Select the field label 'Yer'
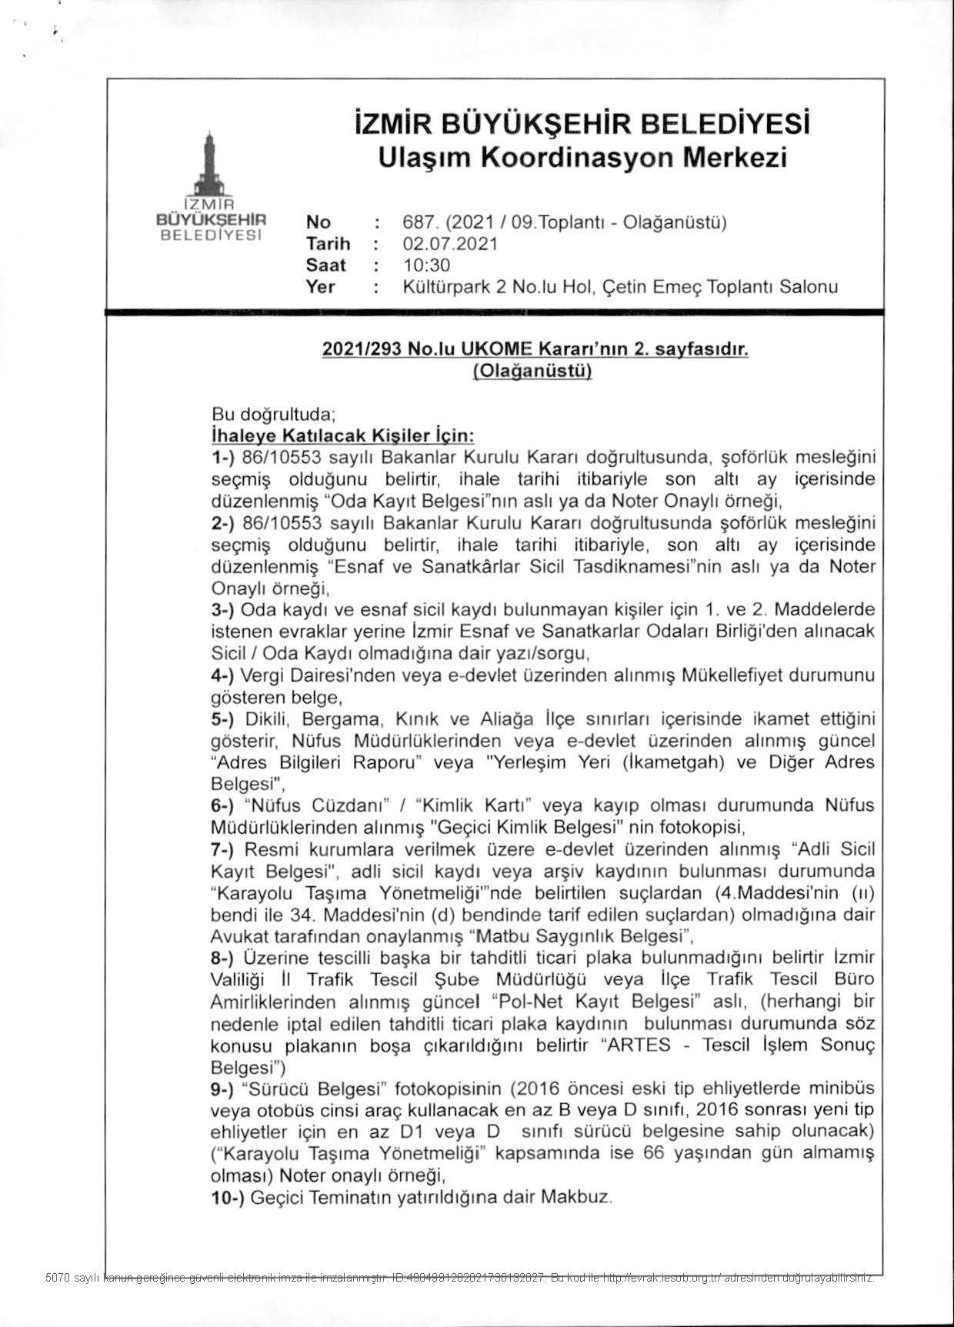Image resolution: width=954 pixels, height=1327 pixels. click(320, 287)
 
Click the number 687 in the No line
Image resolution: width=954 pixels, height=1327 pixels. click(417, 222)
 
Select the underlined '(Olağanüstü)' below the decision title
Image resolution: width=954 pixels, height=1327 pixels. click(532, 371)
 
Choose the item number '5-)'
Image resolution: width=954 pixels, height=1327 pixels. click(225, 720)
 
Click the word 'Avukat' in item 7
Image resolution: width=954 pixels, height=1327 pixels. click(239, 937)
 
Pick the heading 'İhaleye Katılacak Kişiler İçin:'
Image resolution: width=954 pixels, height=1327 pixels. click(342, 436)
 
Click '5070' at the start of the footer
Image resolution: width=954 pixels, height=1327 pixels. click(58, 1279)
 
